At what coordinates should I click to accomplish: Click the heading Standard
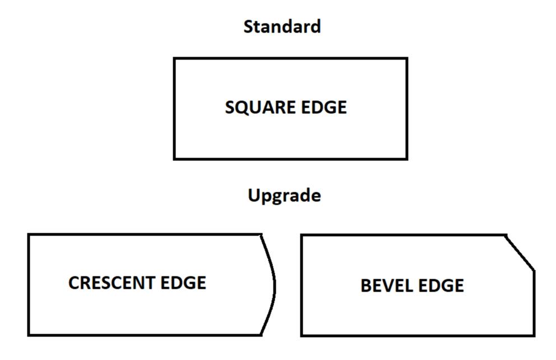[x=282, y=26]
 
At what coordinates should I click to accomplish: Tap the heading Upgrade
[x=284, y=196]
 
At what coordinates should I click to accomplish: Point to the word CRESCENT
[x=112, y=283]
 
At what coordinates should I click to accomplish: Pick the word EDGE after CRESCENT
[x=183, y=283]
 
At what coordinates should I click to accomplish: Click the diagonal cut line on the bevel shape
[x=520, y=253]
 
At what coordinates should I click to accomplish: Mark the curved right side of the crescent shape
[x=274, y=285]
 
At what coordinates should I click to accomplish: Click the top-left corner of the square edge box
[x=174, y=59]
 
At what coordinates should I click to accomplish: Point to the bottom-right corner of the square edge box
[x=406, y=159]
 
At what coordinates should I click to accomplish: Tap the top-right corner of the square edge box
[x=406, y=59]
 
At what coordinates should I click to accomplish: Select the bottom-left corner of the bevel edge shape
[x=302, y=335]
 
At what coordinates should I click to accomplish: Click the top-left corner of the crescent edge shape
[x=29, y=235]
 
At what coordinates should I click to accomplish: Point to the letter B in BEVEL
[x=365, y=286]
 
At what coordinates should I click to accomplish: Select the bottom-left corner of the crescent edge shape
[x=29, y=335]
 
